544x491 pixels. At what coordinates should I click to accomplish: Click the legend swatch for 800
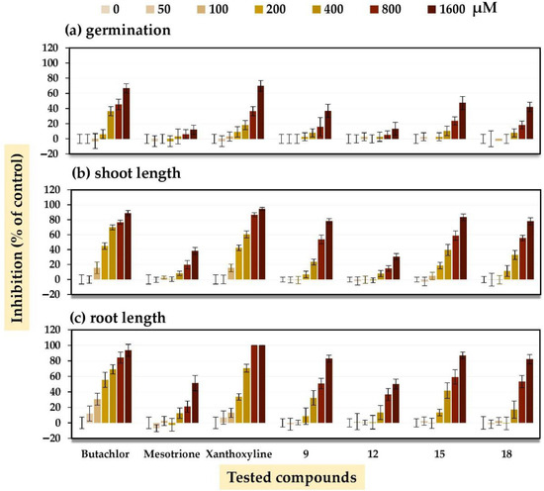(374, 8)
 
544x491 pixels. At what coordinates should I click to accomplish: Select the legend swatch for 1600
(432, 8)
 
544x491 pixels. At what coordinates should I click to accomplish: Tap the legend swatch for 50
(150, 8)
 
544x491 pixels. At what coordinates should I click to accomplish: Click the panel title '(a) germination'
(118, 31)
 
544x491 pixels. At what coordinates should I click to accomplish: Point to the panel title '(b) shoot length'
(127, 172)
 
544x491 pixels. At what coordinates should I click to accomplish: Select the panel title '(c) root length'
(118, 318)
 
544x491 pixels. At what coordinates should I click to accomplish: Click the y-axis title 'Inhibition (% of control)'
(17, 238)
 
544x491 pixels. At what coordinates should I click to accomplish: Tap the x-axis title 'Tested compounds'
(292, 477)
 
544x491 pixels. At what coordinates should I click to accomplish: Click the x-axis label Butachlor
(105, 453)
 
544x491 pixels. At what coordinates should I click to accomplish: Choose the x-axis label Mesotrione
(172, 453)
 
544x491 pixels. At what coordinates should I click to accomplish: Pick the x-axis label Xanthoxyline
(239, 453)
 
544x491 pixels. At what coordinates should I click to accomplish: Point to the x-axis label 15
(439, 453)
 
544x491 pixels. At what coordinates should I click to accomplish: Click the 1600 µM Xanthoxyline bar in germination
(260, 113)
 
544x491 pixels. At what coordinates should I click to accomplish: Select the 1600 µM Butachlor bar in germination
(127, 114)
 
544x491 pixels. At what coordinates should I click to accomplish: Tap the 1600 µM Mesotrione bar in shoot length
(195, 265)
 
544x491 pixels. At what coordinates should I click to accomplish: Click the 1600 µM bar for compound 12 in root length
(396, 404)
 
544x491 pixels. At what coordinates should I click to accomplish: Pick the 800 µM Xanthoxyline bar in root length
(254, 384)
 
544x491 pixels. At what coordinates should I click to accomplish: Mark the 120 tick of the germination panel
(50, 48)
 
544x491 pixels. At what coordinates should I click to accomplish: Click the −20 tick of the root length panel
(50, 439)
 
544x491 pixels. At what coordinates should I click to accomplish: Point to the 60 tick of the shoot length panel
(53, 235)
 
